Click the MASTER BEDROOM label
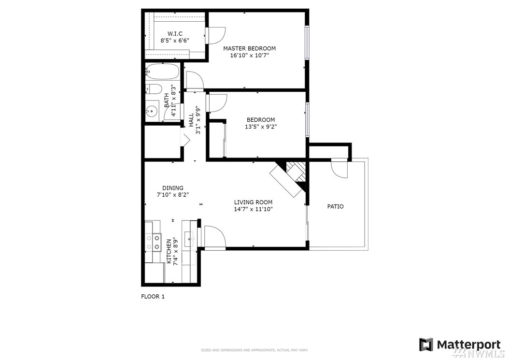[x=249, y=48]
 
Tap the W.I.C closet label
[x=175, y=33]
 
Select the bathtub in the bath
[x=162, y=71]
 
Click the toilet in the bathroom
[x=153, y=89]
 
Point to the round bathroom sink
[x=151, y=111]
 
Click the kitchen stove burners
[x=153, y=243]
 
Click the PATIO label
[x=335, y=206]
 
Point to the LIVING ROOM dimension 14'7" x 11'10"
[x=253, y=209]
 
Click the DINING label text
[x=173, y=188]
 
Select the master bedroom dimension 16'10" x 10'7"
[x=249, y=55]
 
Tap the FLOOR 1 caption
[x=153, y=296]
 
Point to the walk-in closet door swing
[x=215, y=35]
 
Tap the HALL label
[x=191, y=119]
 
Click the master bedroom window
[x=307, y=43]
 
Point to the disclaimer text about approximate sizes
[x=254, y=350]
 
